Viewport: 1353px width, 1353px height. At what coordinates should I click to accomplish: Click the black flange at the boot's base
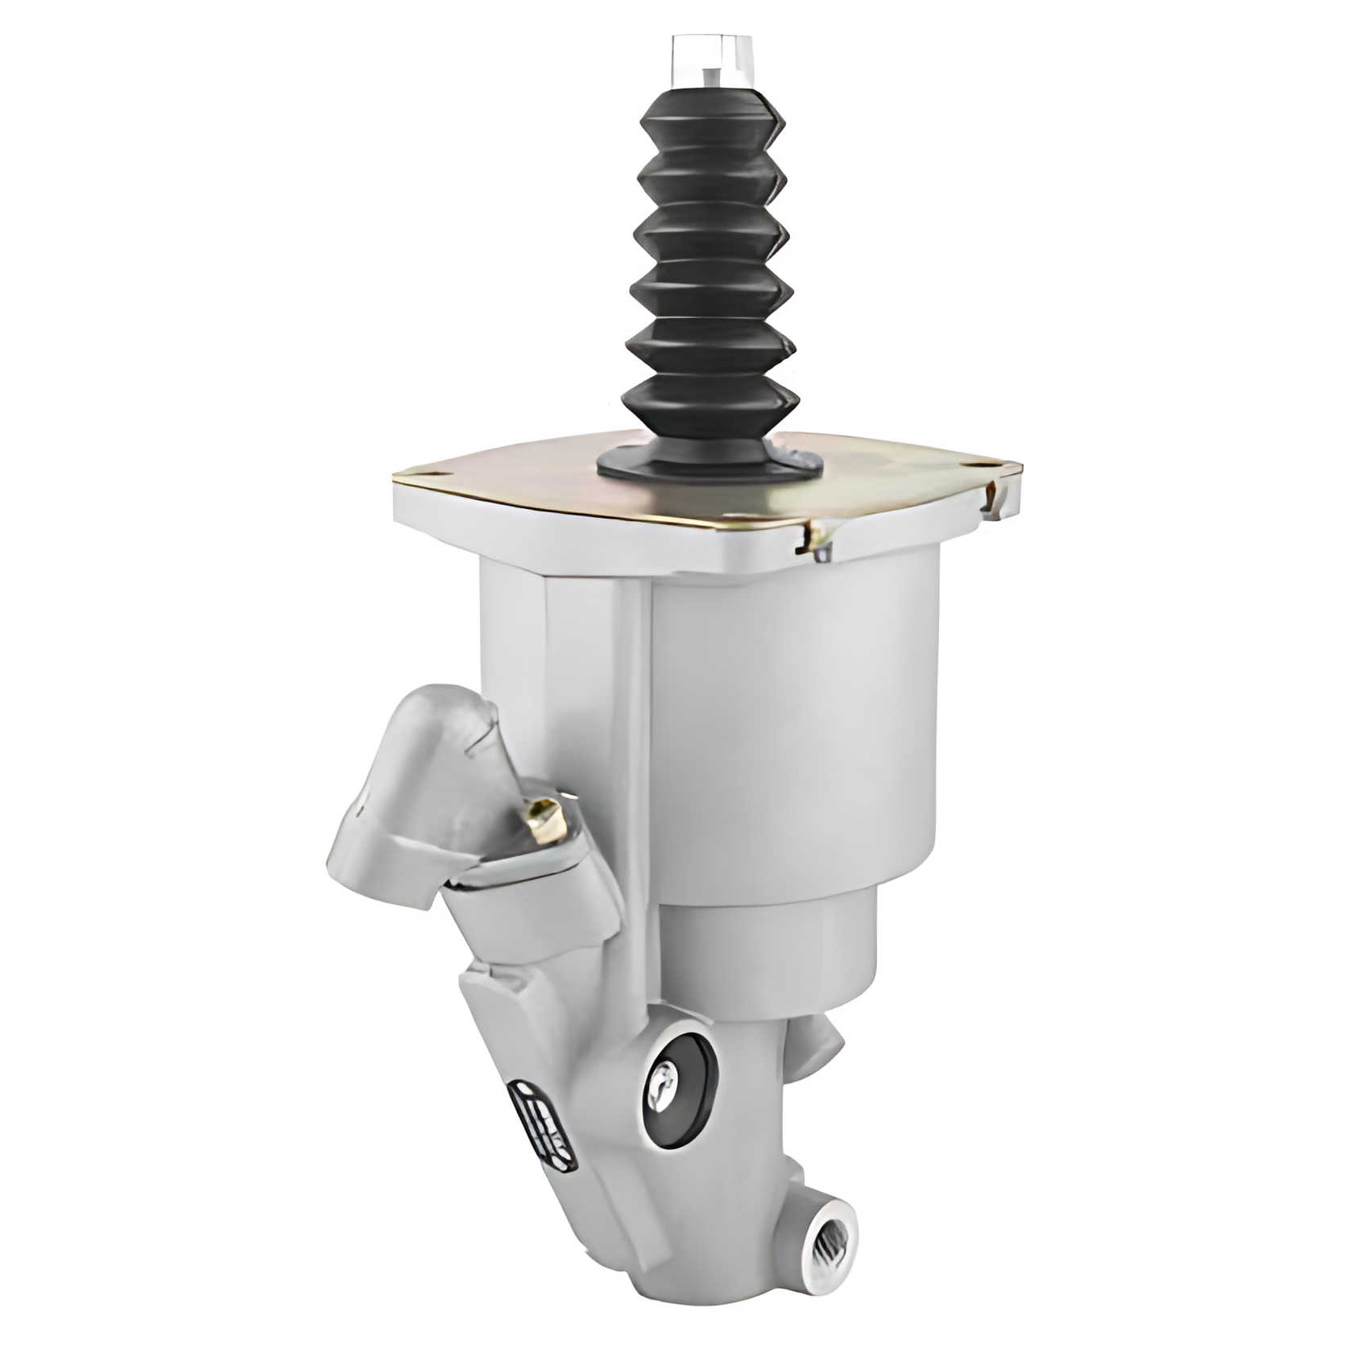709,459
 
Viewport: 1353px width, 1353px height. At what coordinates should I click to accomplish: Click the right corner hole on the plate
982,465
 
